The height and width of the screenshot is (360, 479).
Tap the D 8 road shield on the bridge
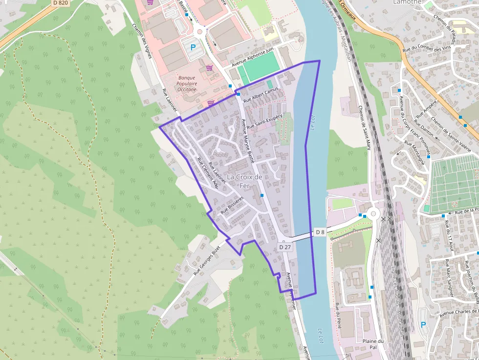(320, 232)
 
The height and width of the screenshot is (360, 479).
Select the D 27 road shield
(285, 247)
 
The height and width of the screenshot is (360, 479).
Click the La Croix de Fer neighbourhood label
(245, 181)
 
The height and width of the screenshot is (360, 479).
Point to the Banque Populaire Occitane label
(187, 84)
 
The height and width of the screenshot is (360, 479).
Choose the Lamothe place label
(407, 2)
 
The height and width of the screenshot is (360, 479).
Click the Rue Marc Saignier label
(449, 278)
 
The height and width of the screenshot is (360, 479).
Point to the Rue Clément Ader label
(207, 173)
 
